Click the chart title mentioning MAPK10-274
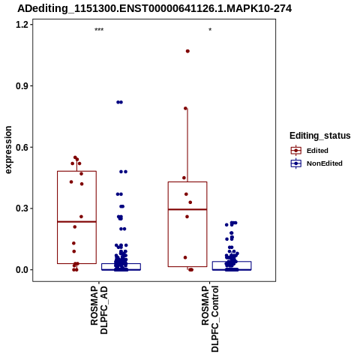point(154,9)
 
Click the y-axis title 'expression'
point(8,150)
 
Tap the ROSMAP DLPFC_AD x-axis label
point(99,310)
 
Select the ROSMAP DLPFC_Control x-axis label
point(210,319)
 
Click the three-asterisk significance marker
point(99,30)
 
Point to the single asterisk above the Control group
point(210,30)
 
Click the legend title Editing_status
point(320,136)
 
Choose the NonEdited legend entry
point(316,163)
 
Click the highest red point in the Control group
point(187,51)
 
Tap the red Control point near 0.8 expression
point(186,108)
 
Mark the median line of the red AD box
point(76,222)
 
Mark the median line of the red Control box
point(187,209)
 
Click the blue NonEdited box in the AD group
point(121,267)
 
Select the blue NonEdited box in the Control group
point(232,265)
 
